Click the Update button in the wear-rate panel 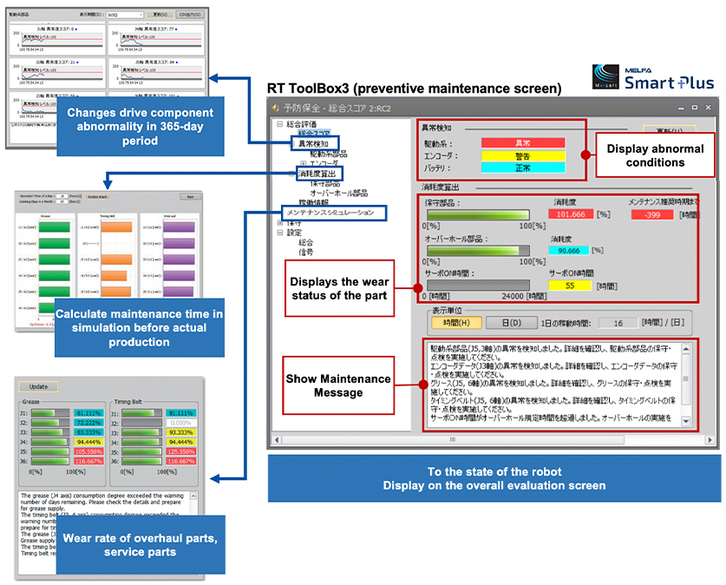point(39,386)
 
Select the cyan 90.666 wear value point(569,251)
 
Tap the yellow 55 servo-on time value point(569,285)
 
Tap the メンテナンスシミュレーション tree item point(330,212)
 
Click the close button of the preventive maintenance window point(707,108)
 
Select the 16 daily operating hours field point(618,322)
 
